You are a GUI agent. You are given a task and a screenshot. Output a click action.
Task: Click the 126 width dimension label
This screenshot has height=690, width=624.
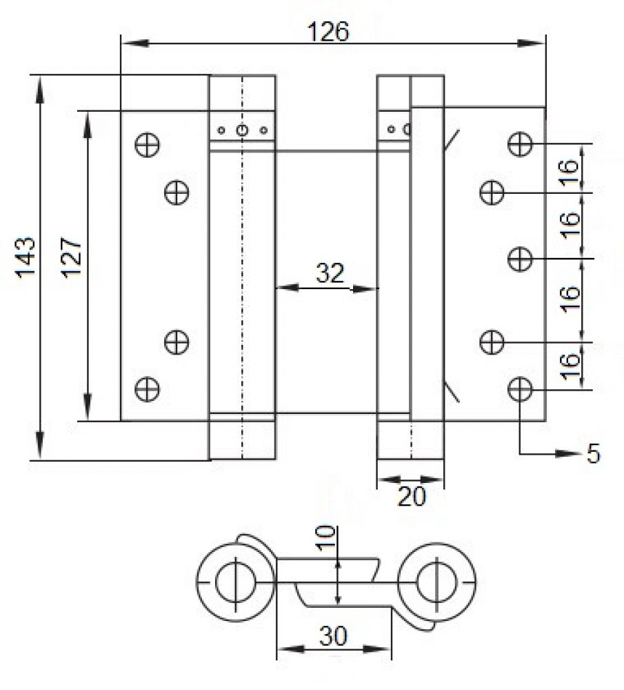(x=328, y=32)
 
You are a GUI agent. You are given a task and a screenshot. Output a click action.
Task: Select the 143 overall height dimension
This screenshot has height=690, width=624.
(x=26, y=257)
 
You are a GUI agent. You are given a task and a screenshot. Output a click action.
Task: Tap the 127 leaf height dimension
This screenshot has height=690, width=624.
(x=72, y=257)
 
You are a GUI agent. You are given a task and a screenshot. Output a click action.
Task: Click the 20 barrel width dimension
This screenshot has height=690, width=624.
(x=412, y=496)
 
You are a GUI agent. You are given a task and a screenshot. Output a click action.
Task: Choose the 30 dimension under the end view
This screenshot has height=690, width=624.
(x=333, y=636)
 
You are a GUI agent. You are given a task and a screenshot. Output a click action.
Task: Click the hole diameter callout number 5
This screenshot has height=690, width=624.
(x=593, y=453)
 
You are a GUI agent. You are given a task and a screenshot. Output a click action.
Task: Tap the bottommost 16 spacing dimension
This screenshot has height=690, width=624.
(x=570, y=366)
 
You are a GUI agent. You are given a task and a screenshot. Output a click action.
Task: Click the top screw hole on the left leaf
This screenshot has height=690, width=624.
(x=148, y=145)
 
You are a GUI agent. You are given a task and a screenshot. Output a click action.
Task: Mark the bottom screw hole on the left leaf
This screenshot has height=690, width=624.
(x=148, y=389)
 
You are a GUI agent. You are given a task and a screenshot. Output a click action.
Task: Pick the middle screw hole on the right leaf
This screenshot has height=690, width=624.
(x=520, y=258)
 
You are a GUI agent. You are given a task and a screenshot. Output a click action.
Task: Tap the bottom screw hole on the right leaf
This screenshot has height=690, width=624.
(x=520, y=389)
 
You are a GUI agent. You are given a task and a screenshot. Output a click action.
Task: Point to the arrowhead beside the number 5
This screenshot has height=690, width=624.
(x=568, y=454)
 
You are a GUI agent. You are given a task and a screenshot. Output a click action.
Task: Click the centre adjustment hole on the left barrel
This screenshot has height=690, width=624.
(x=242, y=130)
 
